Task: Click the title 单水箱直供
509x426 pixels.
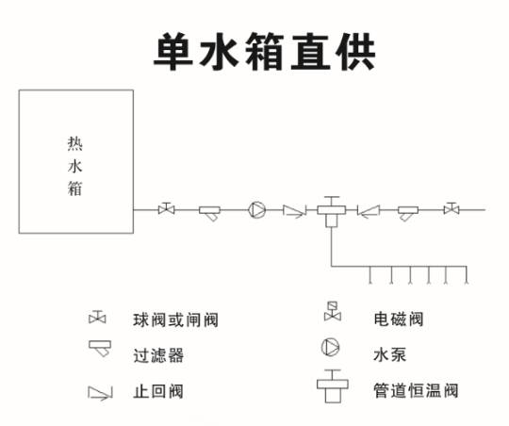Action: point(264,52)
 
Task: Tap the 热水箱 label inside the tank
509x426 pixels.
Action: point(75,166)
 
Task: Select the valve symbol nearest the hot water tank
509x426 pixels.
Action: point(166,208)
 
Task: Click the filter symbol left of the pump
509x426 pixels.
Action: point(209,213)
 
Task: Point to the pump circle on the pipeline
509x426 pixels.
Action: point(256,210)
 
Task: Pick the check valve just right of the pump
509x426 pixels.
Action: point(294,211)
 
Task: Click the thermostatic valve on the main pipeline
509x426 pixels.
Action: point(332,212)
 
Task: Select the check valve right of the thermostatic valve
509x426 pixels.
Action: point(369,211)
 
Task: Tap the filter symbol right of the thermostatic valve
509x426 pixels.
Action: point(408,213)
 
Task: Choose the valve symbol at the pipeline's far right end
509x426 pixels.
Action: point(452,208)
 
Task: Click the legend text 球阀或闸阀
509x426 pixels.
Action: point(175,319)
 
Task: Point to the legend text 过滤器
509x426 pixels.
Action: point(158,355)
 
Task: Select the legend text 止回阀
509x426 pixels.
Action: point(158,391)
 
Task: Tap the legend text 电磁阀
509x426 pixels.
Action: point(399,319)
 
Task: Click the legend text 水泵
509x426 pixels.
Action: point(389,354)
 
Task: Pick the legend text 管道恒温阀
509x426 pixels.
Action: point(416,390)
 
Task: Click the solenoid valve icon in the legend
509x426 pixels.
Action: point(333,312)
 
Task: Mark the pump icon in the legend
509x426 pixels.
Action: point(331,348)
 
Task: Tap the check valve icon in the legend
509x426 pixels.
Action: point(100,393)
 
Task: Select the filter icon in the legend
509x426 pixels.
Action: point(100,349)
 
